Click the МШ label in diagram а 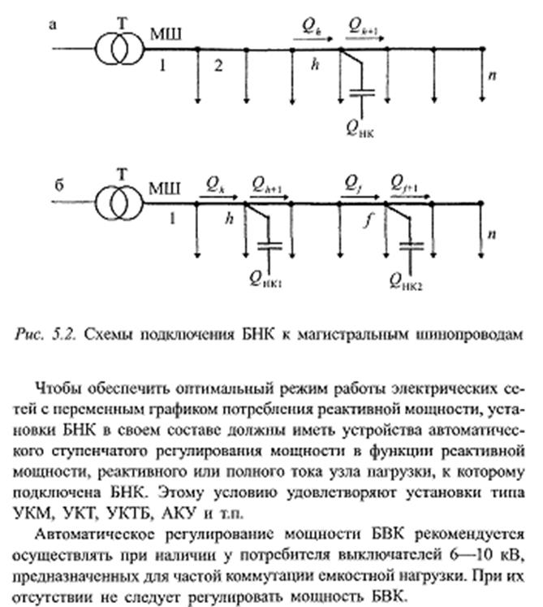click(x=165, y=34)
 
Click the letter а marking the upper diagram click(x=53, y=25)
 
